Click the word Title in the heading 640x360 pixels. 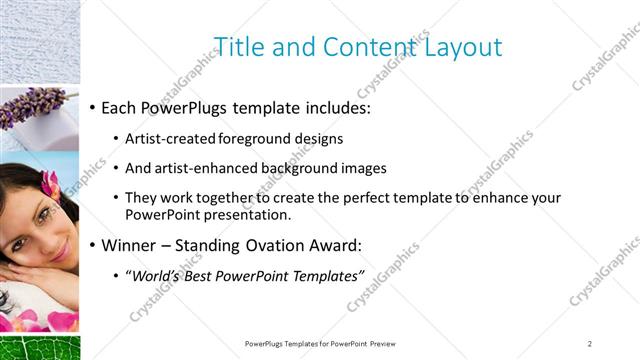point(239,46)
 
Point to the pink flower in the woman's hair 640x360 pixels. point(47,183)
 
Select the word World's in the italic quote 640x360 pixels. point(158,275)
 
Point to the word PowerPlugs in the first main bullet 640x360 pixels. point(186,105)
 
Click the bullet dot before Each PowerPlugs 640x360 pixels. point(93,106)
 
